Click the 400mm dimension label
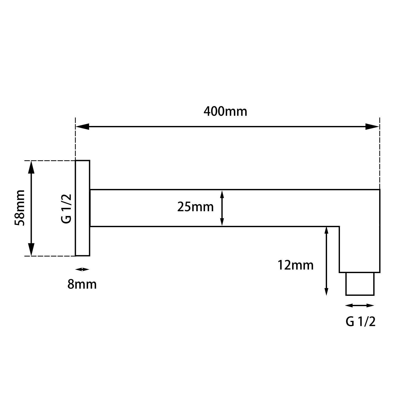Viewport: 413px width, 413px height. (x=225, y=112)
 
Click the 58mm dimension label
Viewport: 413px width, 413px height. (x=20, y=208)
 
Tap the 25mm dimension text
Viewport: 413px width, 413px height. (x=195, y=207)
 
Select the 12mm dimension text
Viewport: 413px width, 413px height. (x=295, y=265)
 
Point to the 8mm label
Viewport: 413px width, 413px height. (x=82, y=284)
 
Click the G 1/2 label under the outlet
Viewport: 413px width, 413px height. (x=360, y=322)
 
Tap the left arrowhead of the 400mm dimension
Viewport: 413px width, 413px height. (x=82, y=126)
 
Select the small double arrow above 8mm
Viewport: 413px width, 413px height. (x=82, y=269)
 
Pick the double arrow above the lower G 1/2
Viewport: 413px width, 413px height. (x=360, y=306)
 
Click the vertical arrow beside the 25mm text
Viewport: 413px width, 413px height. (x=222, y=208)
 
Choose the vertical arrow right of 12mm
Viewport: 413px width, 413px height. (x=327, y=261)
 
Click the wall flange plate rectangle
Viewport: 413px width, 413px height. (x=83, y=208)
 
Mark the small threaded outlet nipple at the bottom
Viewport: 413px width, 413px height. (x=360, y=284)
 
